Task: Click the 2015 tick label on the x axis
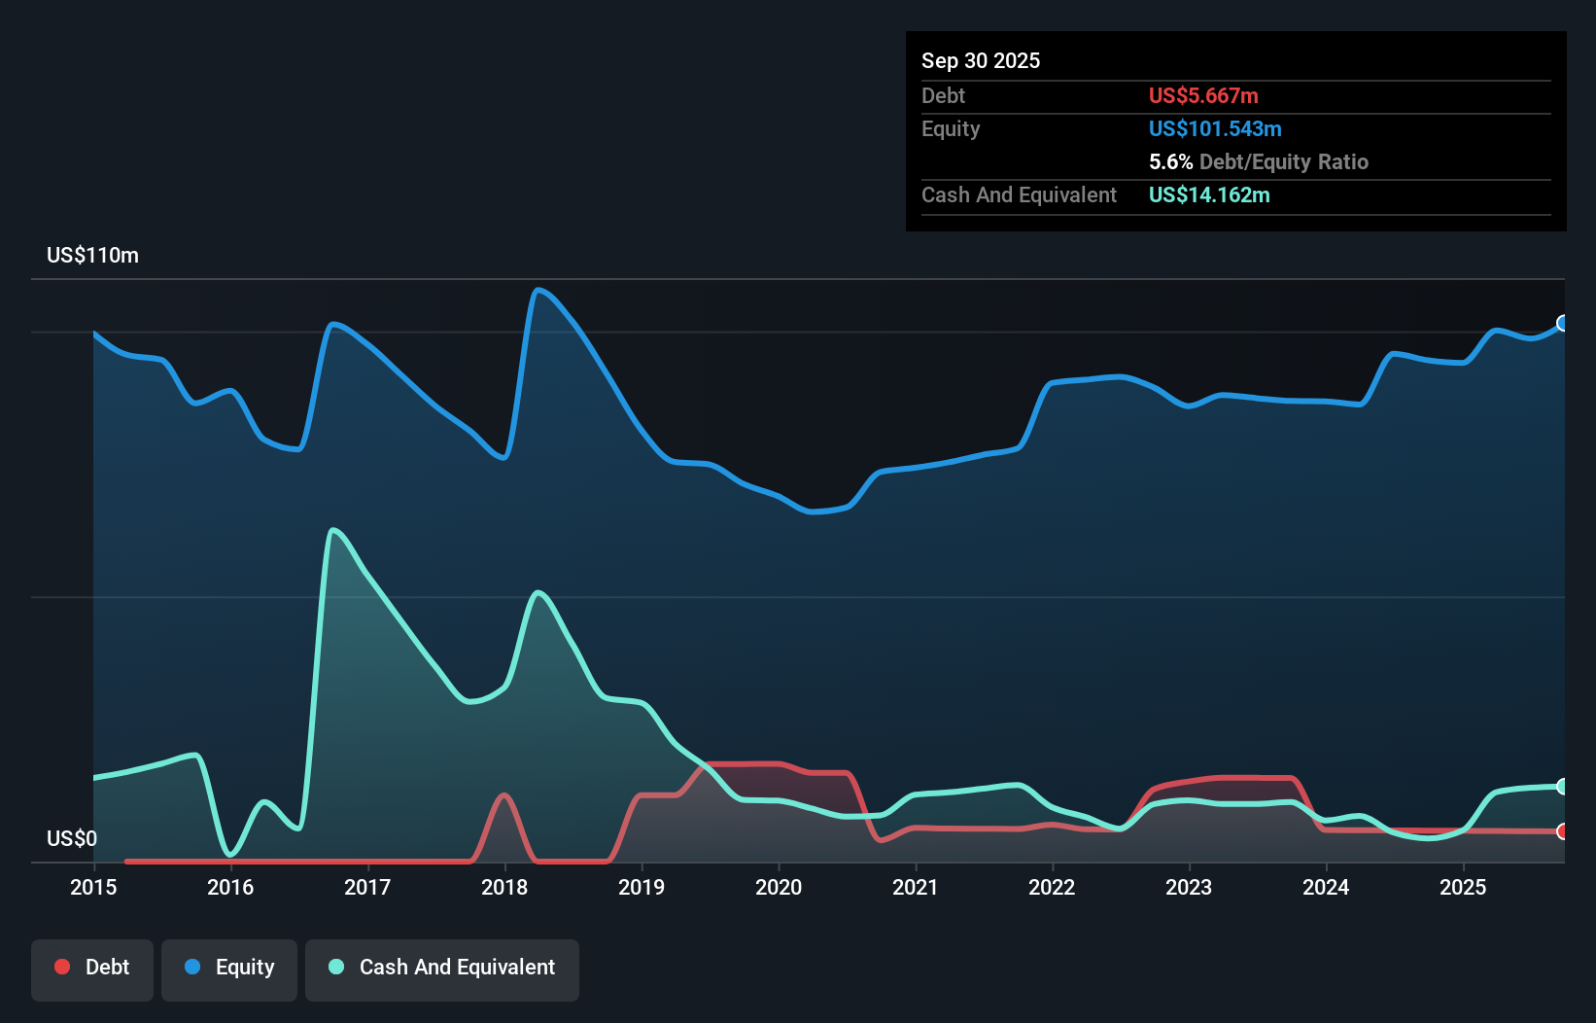click(x=93, y=887)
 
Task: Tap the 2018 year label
click(x=504, y=887)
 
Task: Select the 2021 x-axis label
click(x=915, y=887)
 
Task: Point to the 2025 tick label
click(x=1463, y=887)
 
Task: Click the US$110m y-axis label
click(x=92, y=256)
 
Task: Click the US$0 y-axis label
click(x=72, y=838)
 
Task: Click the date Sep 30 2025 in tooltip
click(x=980, y=60)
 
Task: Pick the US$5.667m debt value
click(x=1203, y=95)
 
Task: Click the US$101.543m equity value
click(x=1215, y=128)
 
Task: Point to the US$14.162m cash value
click(x=1209, y=194)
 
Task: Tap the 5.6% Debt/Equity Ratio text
click(x=1258, y=161)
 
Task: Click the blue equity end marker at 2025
click(x=1563, y=323)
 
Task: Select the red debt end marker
click(x=1563, y=831)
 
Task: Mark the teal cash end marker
click(x=1563, y=786)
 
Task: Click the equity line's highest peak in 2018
click(x=538, y=290)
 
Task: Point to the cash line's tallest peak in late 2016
click(x=333, y=530)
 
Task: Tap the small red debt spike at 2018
click(x=503, y=795)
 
